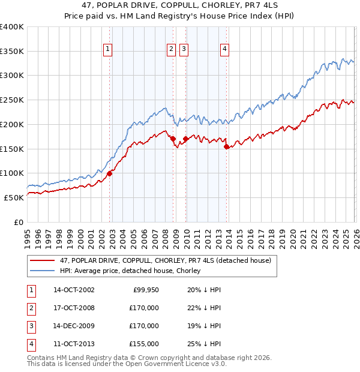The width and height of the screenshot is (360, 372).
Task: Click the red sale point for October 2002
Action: click(110, 174)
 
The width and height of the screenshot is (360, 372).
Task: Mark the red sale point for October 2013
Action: click(226, 146)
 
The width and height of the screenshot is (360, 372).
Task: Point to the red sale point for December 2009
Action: click(185, 139)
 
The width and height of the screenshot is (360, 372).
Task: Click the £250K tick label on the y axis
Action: click(12, 100)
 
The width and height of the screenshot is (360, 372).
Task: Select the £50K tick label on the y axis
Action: click(14, 197)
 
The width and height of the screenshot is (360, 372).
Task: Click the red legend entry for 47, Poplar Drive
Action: click(166, 260)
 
